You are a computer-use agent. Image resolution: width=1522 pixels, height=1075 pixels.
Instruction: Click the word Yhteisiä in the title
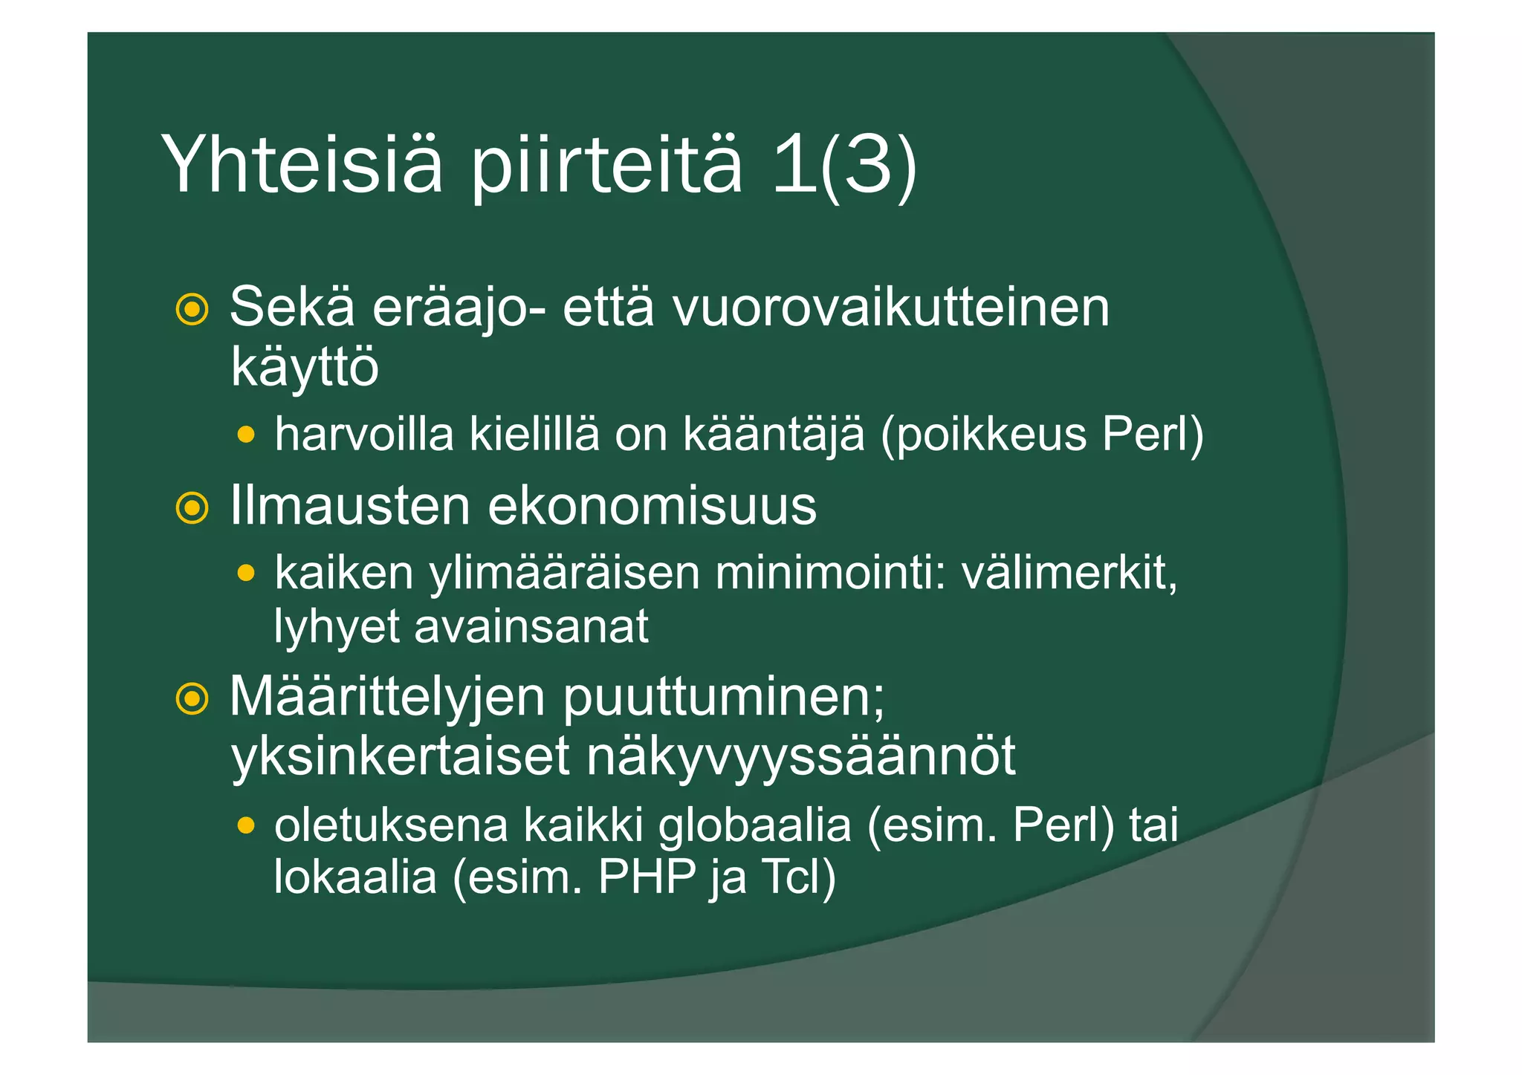pyautogui.click(x=302, y=165)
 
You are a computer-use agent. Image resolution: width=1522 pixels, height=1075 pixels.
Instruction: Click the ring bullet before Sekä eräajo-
pyautogui.click(x=192, y=309)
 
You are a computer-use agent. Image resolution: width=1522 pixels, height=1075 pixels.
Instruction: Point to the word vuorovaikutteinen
pyautogui.click(x=890, y=308)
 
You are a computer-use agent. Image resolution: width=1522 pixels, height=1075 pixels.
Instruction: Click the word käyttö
pyautogui.click(x=305, y=367)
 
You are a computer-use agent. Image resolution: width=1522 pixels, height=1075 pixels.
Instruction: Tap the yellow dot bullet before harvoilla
pyautogui.click(x=246, y=434)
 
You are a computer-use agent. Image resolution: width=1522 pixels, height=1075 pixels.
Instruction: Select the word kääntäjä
pyautogui.click(x=774, y=434)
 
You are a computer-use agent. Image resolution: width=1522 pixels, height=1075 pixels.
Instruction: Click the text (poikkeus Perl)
pyautogui.click(x=1041, y=434)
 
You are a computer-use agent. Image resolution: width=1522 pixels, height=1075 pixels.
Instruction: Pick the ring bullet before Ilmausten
pyautogui.click(x=192, y=508)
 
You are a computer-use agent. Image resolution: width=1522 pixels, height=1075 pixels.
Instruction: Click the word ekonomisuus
pyautogui.click(x=652, y=507)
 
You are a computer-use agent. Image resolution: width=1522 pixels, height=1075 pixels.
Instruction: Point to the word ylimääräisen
pyautogui.click(x=565, y=574)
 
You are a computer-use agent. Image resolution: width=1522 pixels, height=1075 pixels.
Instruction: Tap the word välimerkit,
pyautogui.click(x=1069, y=574)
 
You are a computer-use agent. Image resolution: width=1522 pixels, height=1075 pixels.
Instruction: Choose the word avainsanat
pyautogui.click(x=531, y=626)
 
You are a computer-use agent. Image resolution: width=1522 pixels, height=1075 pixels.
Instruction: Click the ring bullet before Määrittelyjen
pyautogui.click(x=192, y=698)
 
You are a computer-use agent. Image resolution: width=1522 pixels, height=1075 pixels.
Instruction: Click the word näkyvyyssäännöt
pyautogui.click(x=801, y=757)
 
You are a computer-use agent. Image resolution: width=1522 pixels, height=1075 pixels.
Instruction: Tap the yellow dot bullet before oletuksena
pyautogui.click(x=246, y=825)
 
